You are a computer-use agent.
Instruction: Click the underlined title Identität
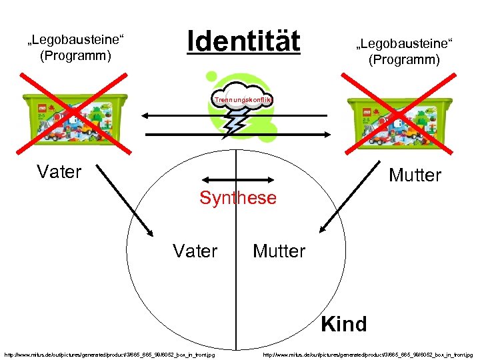pyautogui.click(x=244, y=41)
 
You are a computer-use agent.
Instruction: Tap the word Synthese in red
pyautogui.click(x=238, y=198)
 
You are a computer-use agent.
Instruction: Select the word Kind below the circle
pyautogui.click(x=343, y=324)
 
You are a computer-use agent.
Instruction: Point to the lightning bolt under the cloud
pyautogui.click(x=235, y=123)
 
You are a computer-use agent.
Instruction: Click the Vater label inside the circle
pyautogui.click(x=195, y=251)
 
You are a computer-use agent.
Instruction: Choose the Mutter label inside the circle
pyautogui.click(x=279, y=251)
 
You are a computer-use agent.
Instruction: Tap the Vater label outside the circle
pyautogui.click(x=59, y=172)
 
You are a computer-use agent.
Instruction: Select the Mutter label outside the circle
pyautogui.click(x=415, y=175)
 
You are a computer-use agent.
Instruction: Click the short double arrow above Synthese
pyautogui.click(x=238, y=179)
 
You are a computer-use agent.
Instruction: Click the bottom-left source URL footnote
pyautogui.click(x=109, y=355)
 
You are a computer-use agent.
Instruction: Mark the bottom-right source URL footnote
pyautogui.click(x=368, y=355)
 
